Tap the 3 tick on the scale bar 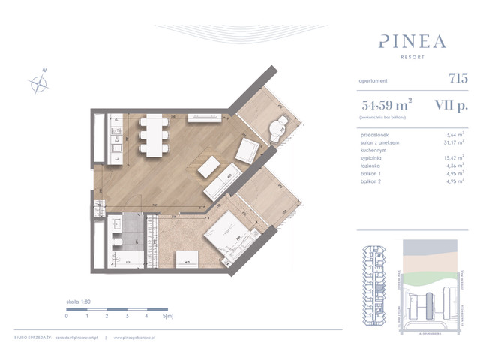127,316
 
